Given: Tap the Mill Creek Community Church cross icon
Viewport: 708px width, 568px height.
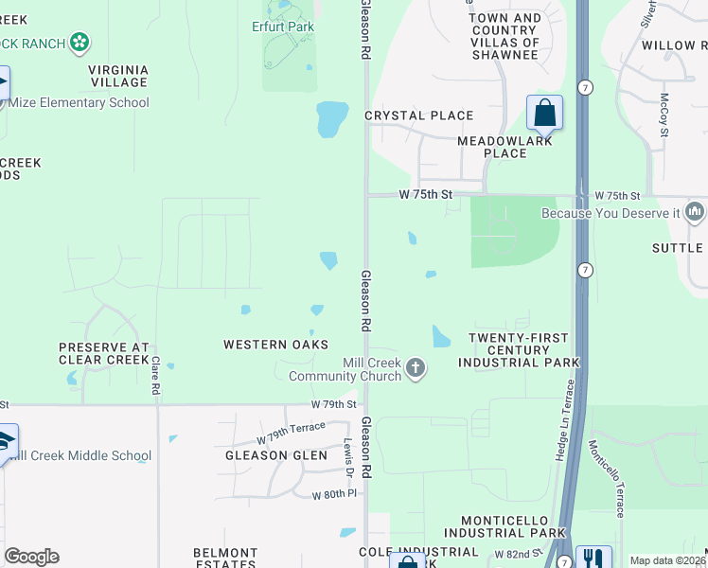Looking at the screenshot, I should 415,367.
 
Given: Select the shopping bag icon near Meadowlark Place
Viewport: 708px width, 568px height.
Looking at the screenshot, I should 544,113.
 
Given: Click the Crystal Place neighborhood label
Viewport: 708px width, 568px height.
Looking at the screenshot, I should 418,115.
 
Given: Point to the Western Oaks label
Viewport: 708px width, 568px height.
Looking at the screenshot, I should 275,345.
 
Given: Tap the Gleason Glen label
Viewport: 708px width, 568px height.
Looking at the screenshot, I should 275,455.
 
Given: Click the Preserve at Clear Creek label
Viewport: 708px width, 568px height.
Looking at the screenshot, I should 104,353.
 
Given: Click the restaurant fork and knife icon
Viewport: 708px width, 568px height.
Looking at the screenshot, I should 593,560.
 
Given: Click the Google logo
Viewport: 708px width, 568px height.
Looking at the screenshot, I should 31,557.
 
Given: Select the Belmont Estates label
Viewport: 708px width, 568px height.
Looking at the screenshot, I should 225,558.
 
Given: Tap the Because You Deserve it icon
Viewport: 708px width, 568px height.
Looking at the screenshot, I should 695,211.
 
